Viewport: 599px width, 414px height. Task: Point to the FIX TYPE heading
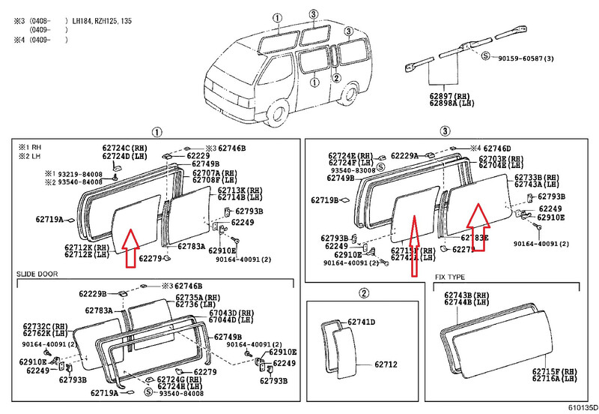[x=451, y=277]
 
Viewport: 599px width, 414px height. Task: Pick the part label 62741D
[x=361, y=322]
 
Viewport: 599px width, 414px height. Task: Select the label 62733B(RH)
[x=538, y=177]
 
